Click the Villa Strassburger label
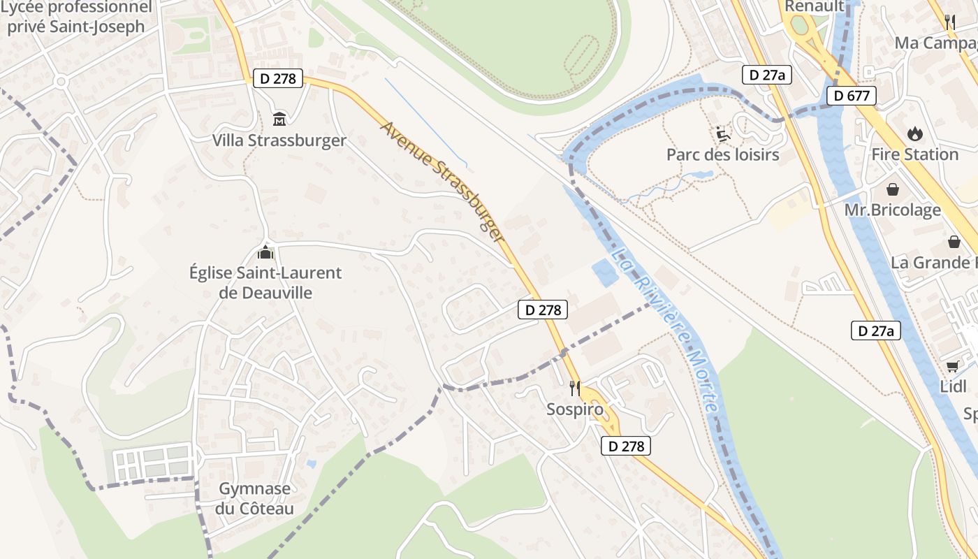(279, 140)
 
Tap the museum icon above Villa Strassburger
(279, 119)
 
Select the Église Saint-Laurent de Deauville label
(265, 282)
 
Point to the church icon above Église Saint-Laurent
(265, 252)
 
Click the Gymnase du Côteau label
(254, 498)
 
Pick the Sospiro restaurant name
(575, 409)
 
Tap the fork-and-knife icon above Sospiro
(575, 388)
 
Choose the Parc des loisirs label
(723, 154)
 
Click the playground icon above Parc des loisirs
(723, 133)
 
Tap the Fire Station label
(915, 154)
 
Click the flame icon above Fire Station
(914, 133)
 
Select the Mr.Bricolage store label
(893, 210)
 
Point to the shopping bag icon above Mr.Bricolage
(893, 189)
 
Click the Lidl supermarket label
(953, 386)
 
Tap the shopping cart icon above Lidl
(952, 366)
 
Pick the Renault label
(815, 6)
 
